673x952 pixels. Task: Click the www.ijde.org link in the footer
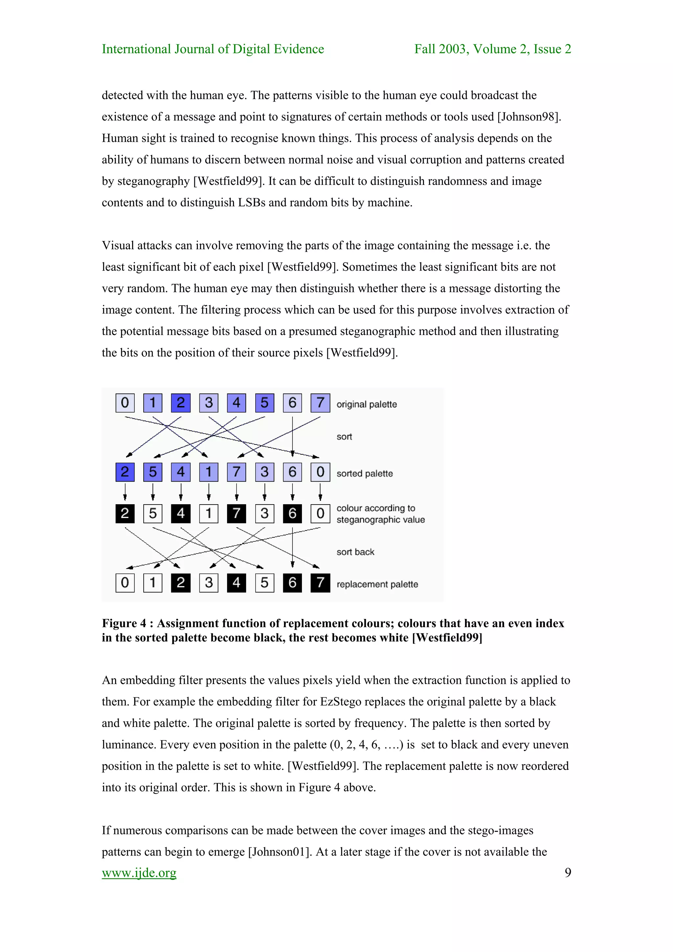click(x=139, y=873)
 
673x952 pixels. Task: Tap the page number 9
click(x=568, y=873)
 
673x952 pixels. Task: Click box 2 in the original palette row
click(x=180, y=403)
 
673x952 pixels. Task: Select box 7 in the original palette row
click(x=320, y=403)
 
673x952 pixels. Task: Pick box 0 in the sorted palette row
click(x=320, y=472)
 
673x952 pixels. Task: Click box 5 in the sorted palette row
click(x=152, y=472)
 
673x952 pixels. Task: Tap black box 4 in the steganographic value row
click(x=180, y=513)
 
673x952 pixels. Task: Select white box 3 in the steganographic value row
click(x=265, y=513)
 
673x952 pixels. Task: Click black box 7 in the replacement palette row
click(x=320, y=582)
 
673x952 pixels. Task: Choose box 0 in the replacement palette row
click(x=125, y=582)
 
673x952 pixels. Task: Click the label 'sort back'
click(x=355, y=552)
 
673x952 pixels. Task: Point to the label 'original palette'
click(x=366, y=404)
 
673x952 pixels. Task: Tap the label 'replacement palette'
click(x=377, y=584)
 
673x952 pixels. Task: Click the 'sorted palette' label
click(x=364, y=473)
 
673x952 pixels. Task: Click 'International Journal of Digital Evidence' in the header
click(x=213, y=49)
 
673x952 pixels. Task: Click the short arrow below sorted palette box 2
click(x=125, y=492)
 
